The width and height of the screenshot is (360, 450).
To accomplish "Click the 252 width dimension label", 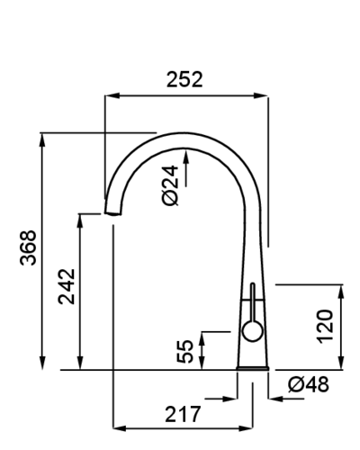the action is [184, 79].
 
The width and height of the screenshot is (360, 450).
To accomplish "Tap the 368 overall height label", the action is [28, 247].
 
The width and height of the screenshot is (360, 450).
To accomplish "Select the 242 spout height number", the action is [67, 286].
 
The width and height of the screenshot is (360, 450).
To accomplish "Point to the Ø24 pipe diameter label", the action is [170, 185].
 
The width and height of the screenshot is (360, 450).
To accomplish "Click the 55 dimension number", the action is [184, 351].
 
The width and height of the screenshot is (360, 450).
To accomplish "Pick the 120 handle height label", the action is [325, 327].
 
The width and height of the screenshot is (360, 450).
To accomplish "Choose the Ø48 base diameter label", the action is [309, 384].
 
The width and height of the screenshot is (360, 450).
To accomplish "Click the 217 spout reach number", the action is [183, 414].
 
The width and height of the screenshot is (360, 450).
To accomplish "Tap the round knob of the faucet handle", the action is [253, 331].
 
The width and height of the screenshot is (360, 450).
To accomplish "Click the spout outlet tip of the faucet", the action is [113, 213].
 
